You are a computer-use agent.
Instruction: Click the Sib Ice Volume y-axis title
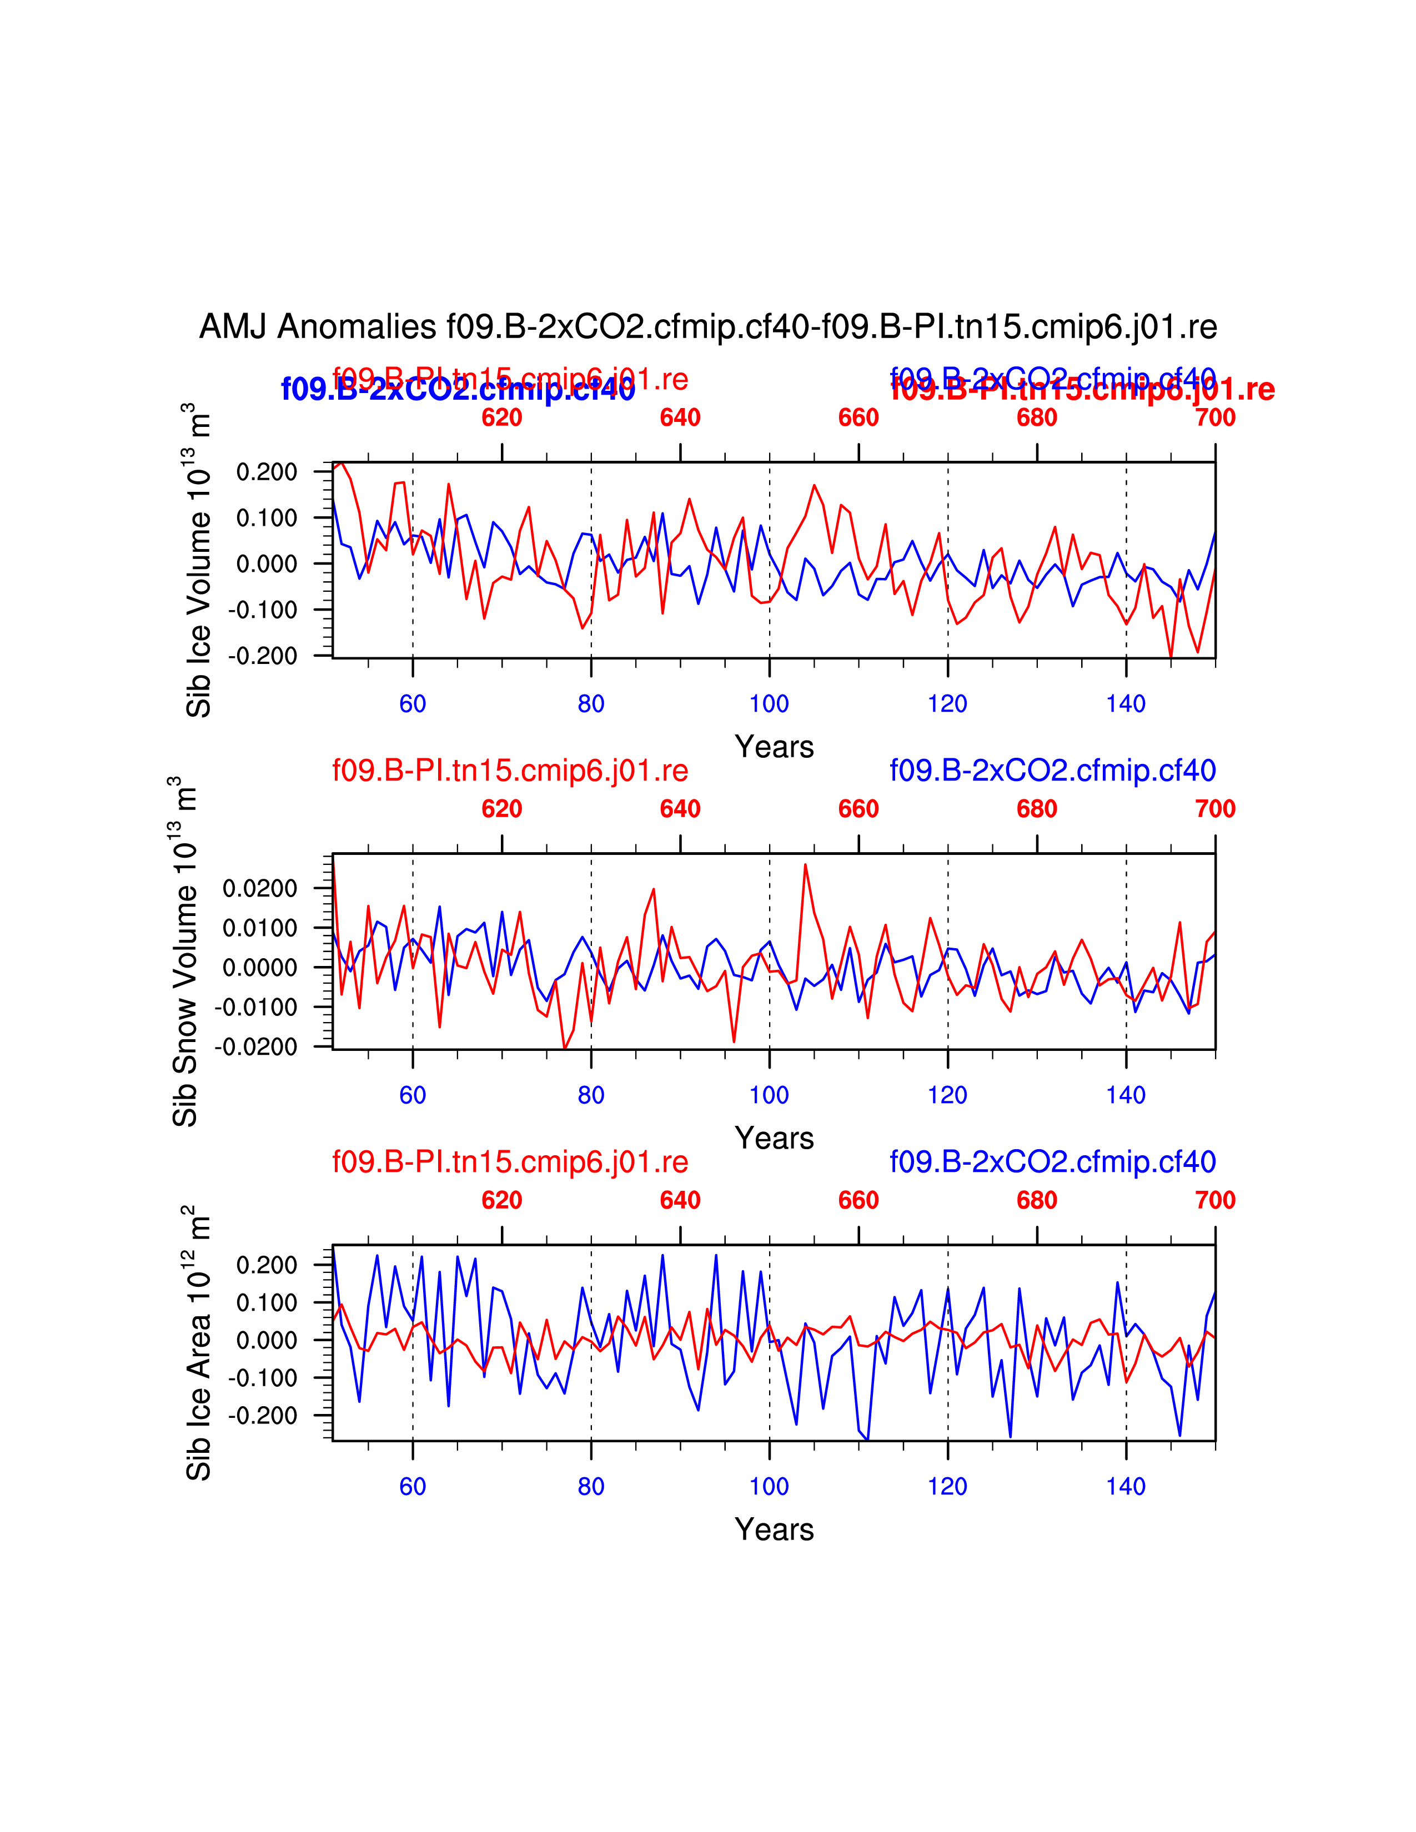[198, 560]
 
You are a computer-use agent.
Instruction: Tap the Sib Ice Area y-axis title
[198, 1343]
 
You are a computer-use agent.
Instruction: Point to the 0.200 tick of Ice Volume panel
[267, 472]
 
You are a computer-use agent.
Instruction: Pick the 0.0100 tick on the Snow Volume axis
[260, 928]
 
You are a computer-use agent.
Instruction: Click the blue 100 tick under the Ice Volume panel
[769, 704]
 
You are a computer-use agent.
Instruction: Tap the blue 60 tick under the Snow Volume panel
[413, 1095]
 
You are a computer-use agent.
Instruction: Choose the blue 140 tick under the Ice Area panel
[1126, 1486]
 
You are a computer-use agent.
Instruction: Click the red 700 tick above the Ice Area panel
[1214, 1200]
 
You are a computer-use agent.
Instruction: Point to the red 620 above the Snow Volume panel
[501, 809]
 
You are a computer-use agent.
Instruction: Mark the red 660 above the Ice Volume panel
[858, 417]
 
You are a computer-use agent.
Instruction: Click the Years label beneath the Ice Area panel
[774, 1529]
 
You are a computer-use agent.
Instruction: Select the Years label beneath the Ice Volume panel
[774, 747]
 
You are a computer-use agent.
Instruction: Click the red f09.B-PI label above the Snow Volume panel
[510, 770]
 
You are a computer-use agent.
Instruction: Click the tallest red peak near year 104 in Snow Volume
[805, 865]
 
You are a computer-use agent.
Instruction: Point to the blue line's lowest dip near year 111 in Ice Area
[867, 1440]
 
